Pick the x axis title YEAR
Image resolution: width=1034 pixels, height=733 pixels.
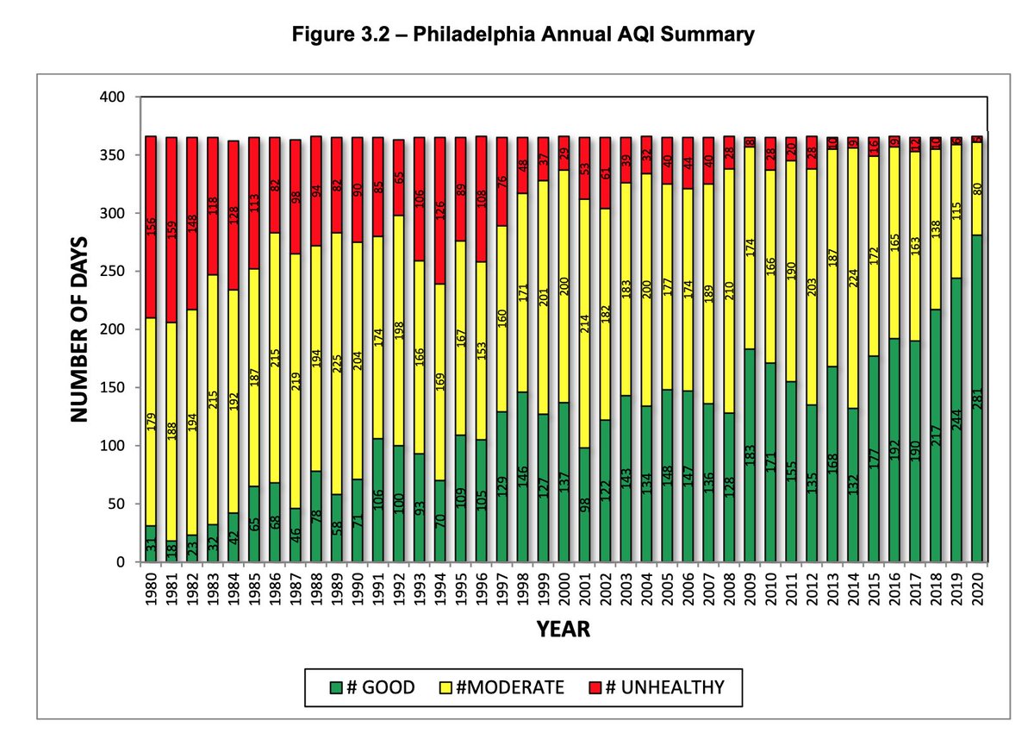(564, 630)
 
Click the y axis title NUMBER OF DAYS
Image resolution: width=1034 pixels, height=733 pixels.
(80, 329)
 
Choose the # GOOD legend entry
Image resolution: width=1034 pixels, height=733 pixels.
(372, 687)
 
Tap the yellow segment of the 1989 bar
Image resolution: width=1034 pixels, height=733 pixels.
(337, 362)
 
